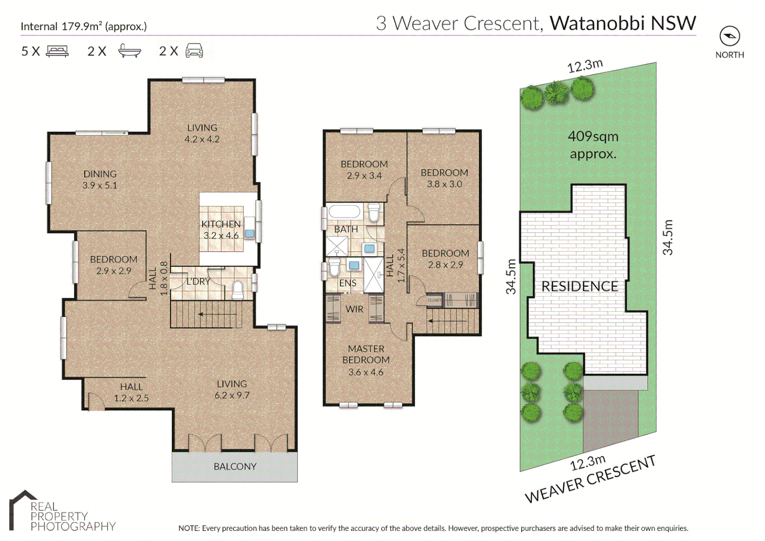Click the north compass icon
coord(729,36)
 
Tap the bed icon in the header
coord(57,51)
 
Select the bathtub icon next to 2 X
coord(130,51)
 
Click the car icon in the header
coord(194,51)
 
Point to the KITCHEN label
coord(221,224)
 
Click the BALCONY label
coord(235,466)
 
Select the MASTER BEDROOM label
coord(366,354)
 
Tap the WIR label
coord(354,309)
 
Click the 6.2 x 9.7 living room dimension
coord(232,395)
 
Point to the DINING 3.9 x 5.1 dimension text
coord(100,185)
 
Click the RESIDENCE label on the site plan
coord(580,287)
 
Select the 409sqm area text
coord(593,136)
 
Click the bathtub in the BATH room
coord(344,212)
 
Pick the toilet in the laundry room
coord(238,290)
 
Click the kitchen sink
coord(249,233)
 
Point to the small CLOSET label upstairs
coord(435,300)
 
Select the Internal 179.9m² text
coord(84,26)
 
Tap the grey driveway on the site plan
coord(611,418)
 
